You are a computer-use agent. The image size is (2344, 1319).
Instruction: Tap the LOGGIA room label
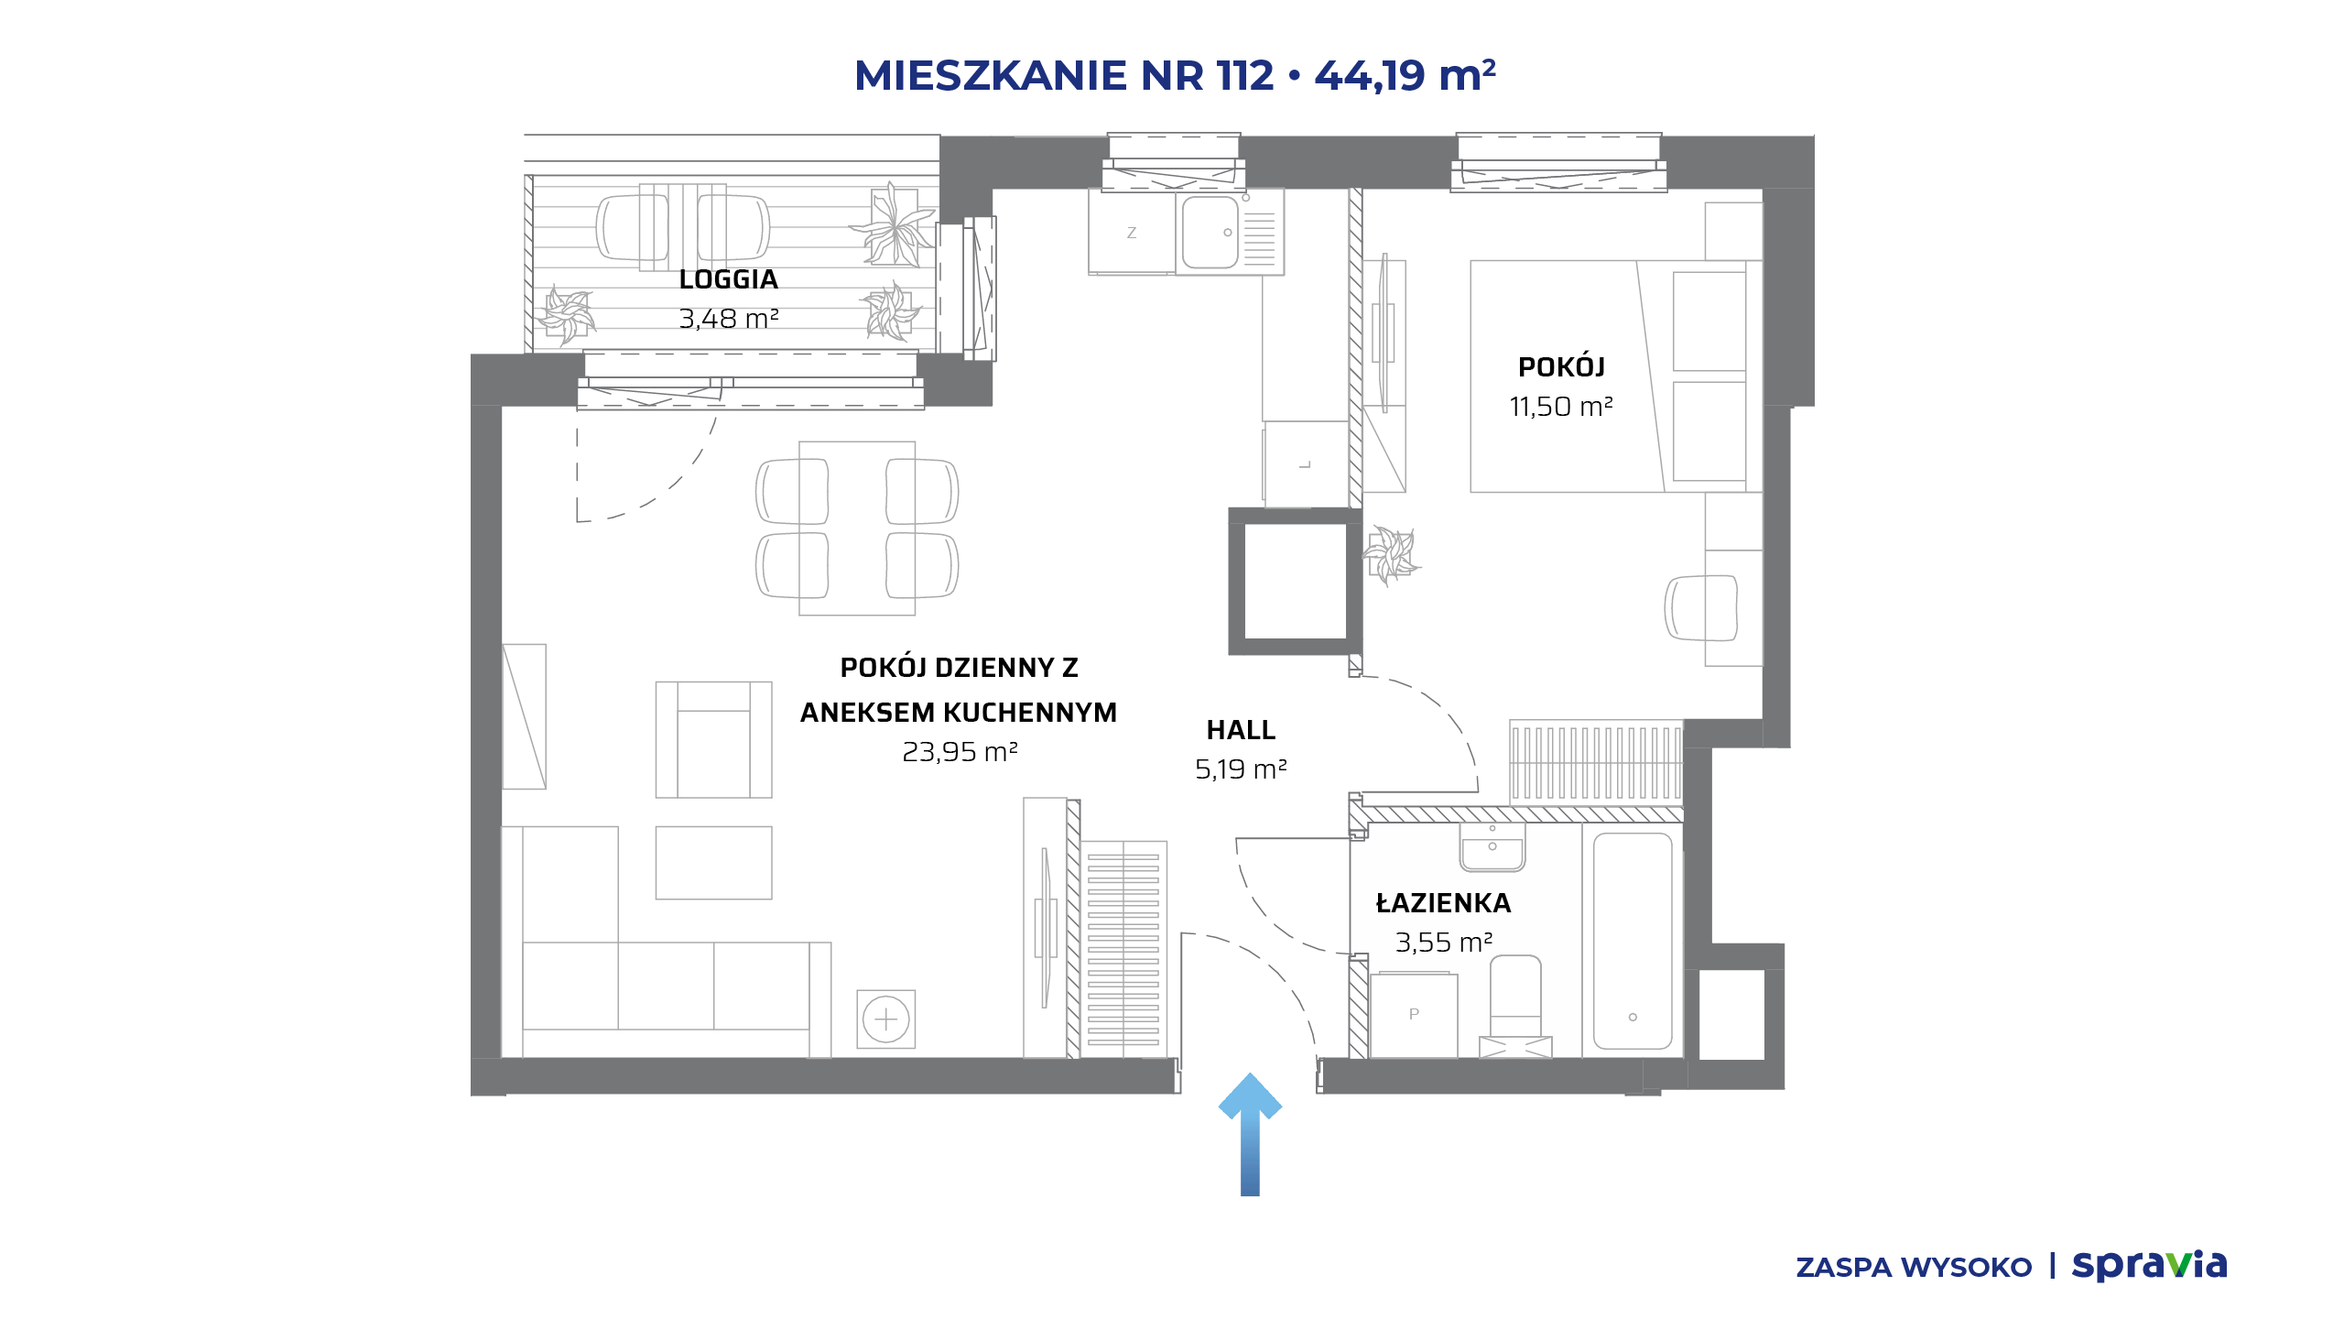tap(729, 279)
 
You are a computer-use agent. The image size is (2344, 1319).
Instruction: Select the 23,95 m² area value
tap(960, 752)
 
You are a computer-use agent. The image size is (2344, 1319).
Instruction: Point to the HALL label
tap(1241, 730)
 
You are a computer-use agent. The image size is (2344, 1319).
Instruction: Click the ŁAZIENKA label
tap(1444, 903)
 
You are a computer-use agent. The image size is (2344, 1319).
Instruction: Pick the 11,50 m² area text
tap(1561, 407)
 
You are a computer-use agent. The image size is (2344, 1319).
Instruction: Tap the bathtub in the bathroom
tap(1633, 941)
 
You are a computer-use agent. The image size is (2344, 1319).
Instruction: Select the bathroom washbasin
tap(1492, 847)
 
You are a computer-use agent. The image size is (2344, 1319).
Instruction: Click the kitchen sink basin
tap(1210, 233)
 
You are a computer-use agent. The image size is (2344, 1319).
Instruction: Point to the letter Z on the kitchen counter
tap(1132, 233)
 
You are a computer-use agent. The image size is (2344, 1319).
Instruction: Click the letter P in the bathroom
tap(1414, 1014)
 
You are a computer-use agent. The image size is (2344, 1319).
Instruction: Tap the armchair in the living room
tap(714, 739)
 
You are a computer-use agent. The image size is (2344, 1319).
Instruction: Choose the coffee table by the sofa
tap(714, 863)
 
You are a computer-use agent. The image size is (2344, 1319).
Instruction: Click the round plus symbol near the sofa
tap(886, 1019)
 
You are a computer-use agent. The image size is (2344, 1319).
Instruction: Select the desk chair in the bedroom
tap(1700, 607)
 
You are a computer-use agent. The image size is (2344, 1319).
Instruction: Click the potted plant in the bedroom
tap(1391, 555)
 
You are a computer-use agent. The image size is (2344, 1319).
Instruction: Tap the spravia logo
tap(2150, 1266)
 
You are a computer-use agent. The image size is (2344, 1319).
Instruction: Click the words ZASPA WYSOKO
tap(1914, 1268)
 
